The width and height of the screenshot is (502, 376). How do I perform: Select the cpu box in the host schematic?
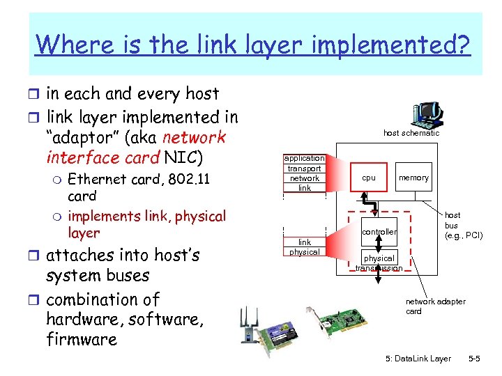368,178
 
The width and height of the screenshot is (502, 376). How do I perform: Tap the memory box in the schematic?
413,178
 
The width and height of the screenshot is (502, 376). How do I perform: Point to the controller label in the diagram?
379,232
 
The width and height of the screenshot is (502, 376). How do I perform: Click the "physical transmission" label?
379,263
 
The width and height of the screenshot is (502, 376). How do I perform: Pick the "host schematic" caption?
411,133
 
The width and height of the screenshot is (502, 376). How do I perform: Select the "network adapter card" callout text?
436,306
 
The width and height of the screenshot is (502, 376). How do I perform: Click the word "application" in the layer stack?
305,158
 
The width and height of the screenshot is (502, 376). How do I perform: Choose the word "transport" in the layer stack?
305,169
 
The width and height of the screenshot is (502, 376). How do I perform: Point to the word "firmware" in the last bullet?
82,340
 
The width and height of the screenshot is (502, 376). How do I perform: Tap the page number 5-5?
473,359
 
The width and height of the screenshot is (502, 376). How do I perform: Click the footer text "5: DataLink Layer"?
418,359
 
